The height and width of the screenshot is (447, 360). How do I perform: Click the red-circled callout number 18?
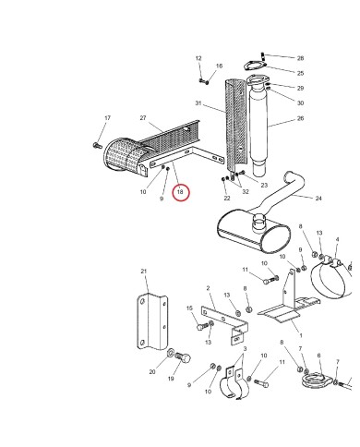(181, 193)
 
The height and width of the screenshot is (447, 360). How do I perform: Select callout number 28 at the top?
(300, 58)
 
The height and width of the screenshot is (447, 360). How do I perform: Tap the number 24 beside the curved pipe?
(318, 199)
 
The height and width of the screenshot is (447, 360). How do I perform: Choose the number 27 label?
(143, 118)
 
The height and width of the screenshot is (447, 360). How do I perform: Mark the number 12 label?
(198, 58)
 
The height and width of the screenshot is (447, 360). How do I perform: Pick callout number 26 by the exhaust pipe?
(300, 118)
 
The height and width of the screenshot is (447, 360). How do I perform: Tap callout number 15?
(190, 309)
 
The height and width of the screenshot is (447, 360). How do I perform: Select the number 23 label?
(264, 186)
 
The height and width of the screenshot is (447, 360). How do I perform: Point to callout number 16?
(219, 66)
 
